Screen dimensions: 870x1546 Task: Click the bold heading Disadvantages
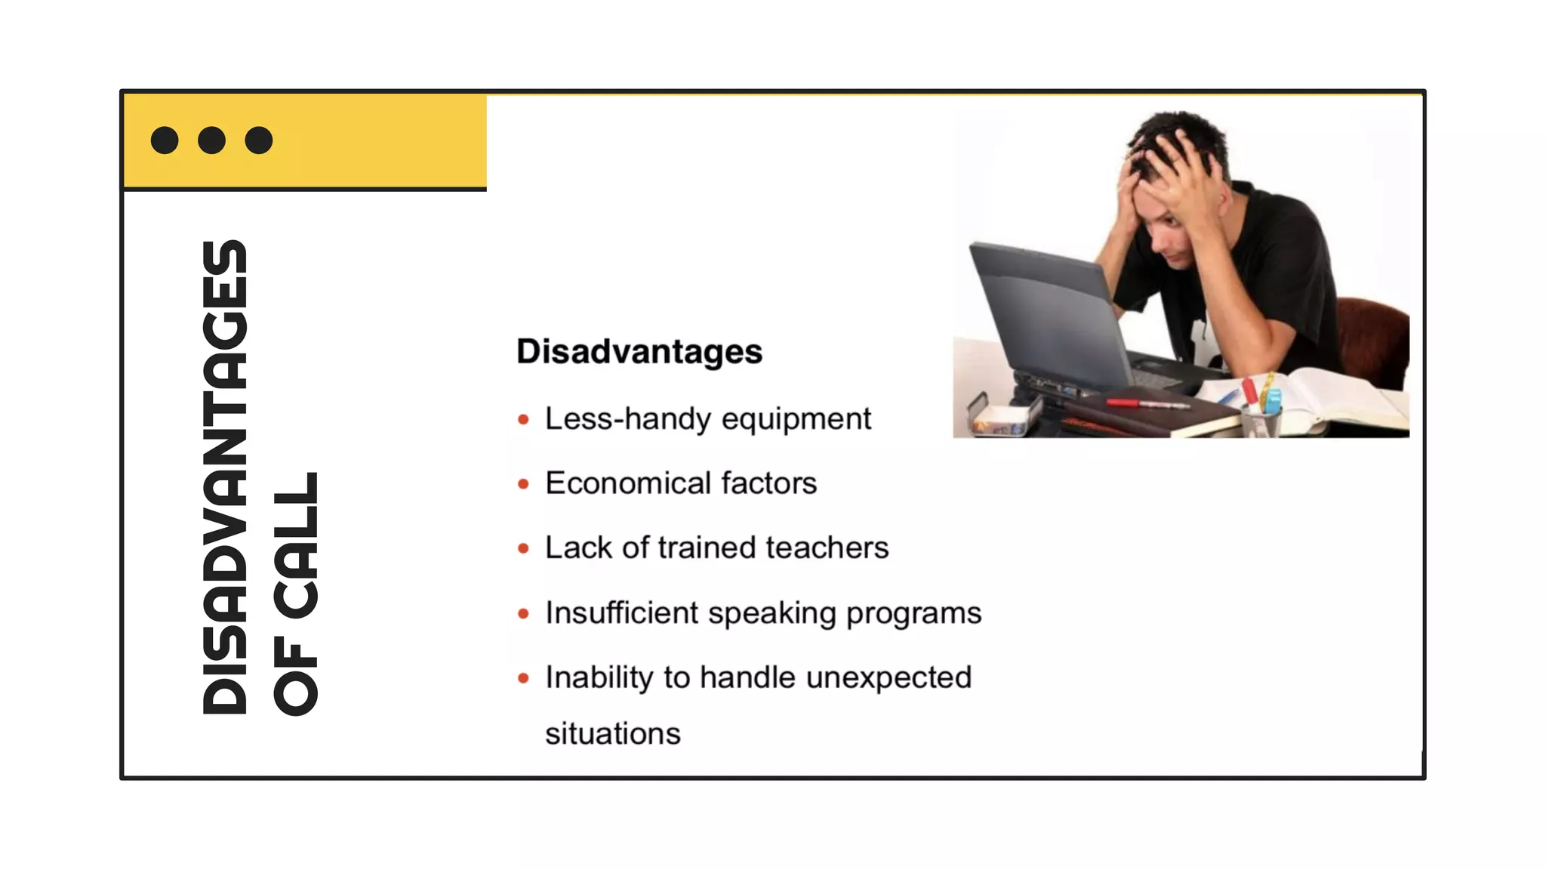pos(639,352)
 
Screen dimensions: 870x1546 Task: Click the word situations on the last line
pos(613,734)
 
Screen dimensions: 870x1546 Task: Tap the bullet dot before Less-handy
pos(523,420)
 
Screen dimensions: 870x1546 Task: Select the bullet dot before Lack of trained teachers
pos(523,548)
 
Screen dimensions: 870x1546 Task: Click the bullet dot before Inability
pos(523,678)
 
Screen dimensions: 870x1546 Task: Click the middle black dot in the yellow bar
pos(211,140)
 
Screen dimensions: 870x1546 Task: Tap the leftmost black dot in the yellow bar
pos(165,140)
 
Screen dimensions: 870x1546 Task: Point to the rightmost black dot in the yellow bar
pos(259,140)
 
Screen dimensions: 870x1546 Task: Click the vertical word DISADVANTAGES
pos(225,477)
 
